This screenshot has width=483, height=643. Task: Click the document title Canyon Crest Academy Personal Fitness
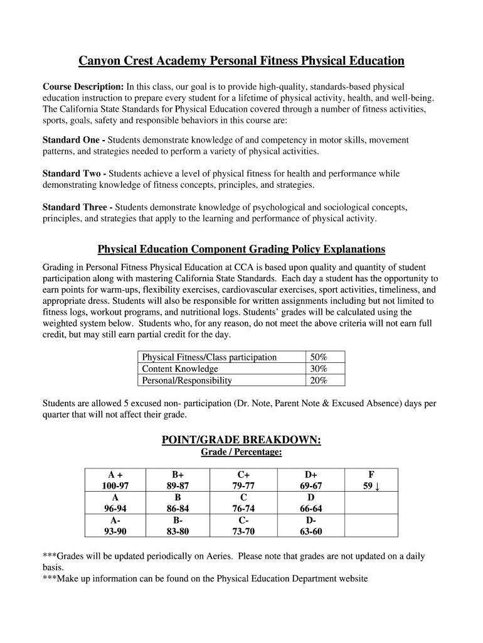(x=242, y=61)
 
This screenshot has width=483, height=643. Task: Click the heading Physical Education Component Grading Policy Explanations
(x=241, y=249)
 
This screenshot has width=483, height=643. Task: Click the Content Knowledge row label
(x=180, y=369)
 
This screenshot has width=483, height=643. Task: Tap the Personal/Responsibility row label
(x=187, y=380)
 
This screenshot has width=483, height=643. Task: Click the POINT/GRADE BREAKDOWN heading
(x=242, y=440)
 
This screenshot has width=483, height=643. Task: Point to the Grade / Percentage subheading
(x=242, y=452)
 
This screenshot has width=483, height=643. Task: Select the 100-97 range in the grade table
(x=115, y=485)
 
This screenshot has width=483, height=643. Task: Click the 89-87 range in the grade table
(x=178, y=485)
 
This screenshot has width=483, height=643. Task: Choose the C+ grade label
(x=243, y=474)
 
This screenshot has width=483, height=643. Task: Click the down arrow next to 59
(x=377, y=486)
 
